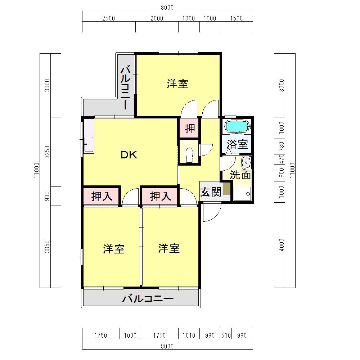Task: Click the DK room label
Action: [x=129, y=155]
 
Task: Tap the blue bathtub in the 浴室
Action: [x=237, y=126]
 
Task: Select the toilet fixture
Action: [x=189, y=155]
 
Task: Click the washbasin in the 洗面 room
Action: [x=246, y=163]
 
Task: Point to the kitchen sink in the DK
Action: [x=89, y=144]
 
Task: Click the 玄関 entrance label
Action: [x=211, y=192]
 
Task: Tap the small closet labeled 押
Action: [x=189, y=128]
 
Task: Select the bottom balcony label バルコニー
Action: [x=148, y=298]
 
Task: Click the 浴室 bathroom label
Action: [x=237, y=144]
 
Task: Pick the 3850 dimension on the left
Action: [x=47, y=247]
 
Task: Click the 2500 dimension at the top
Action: [x=108, y=18]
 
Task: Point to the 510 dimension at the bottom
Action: [x=226, y=336]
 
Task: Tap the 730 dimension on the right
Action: [x=282, y=146]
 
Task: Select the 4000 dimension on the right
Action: [x=282, y=245]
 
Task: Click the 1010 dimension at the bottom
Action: [x=189, y=336]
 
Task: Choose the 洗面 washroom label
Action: [x=240, y=175]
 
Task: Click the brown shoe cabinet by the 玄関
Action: [x=226, y=189]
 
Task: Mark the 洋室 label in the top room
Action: [x=177, y=84]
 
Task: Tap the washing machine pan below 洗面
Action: [x=242, y=194]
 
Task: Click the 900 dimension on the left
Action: [x=47, y=196]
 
